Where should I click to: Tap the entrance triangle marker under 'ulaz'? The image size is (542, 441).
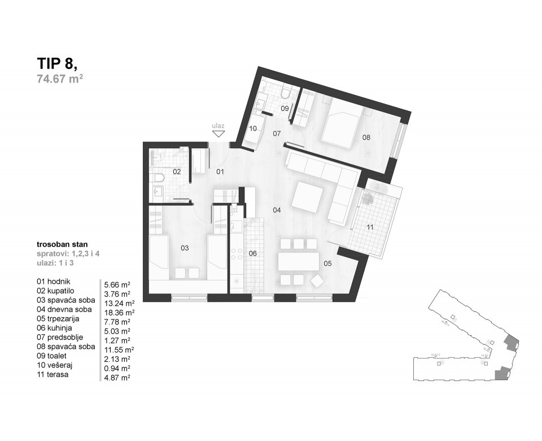218,134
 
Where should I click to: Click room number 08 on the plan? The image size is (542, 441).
366,137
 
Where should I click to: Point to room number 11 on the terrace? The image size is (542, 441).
370,227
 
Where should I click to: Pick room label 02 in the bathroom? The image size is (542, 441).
177,171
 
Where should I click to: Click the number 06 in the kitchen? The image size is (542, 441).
253,253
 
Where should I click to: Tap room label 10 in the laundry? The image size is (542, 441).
253,129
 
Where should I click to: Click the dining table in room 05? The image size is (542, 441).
299,261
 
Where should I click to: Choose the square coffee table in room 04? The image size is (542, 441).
308,197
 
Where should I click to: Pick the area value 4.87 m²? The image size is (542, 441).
118,377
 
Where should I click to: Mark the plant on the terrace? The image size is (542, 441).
369,198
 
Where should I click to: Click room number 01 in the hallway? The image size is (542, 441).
220,171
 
